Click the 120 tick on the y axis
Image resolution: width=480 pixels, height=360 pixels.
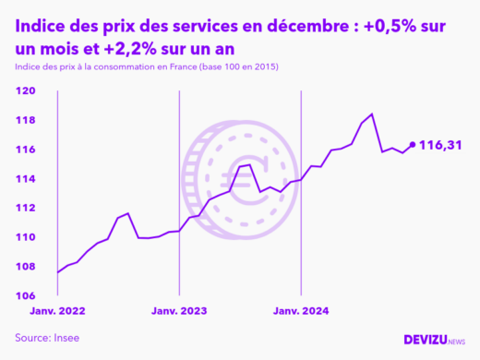[27, 90]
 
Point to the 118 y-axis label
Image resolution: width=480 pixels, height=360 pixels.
[27, 120]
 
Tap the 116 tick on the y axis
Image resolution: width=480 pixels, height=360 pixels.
[27, 150]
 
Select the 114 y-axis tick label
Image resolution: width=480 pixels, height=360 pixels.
[27, 178]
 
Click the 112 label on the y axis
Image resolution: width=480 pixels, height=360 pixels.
[27, 208]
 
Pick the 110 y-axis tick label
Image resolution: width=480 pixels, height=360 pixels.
[27, 237]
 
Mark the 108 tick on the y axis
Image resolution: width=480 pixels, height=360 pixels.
[27, 267]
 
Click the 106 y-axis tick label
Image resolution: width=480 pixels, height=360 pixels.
[27, 295]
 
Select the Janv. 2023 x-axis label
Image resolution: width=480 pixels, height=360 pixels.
[180, 311]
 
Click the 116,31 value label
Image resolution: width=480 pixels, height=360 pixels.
[440, 145]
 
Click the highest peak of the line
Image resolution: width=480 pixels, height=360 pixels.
[371, 114]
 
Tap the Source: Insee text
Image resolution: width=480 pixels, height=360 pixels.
[47, 338]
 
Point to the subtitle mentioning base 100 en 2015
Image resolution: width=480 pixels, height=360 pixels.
[147, 68]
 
